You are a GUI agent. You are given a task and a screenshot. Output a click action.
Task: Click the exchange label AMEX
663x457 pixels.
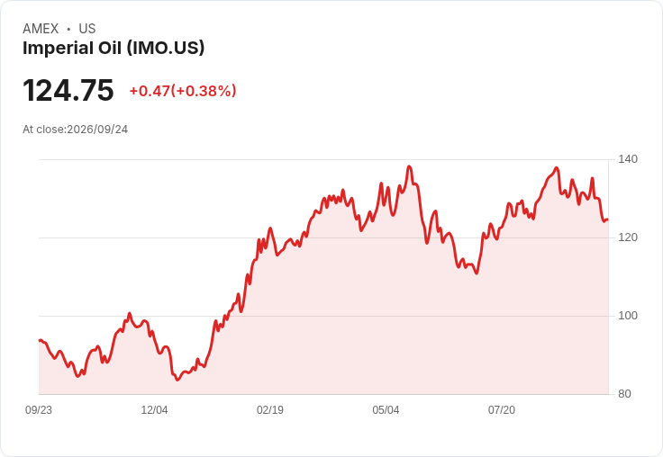[x=41, y=29]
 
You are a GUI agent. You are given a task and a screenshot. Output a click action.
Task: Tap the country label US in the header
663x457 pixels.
[x=87, y=29]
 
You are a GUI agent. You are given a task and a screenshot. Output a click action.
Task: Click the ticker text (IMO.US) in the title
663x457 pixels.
[x=166, y=49]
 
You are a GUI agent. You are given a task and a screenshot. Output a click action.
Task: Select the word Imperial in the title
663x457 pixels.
[x=59, y=49]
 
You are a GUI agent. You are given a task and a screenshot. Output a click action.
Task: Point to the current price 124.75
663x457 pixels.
[x=68, y=90]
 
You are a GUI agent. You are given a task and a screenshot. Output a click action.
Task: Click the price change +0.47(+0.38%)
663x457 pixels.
[x=183, y=91]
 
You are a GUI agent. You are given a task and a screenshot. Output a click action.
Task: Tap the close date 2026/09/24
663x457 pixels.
[x=97, y=130]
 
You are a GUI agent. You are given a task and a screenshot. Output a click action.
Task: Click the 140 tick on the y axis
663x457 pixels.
[x=628, y=159]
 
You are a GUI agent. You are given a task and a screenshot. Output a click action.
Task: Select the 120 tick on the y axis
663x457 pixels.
[x=628, y=237]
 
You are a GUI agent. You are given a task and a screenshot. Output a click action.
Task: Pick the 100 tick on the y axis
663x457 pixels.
[x=628, y=316]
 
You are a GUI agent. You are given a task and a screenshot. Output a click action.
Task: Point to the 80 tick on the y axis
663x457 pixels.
[x=624, y=394]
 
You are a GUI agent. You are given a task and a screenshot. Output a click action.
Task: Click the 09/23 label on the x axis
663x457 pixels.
[x=39, y=410]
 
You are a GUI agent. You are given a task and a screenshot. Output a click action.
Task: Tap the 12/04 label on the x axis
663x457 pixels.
[x=154, y=410]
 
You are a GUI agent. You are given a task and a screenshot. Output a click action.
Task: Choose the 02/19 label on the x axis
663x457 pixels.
[x=270, y=410]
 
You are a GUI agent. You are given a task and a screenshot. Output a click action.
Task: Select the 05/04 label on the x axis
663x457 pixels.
[x=386, y=410]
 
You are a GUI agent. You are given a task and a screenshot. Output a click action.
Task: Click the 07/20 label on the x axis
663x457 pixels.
[x=502, y=410]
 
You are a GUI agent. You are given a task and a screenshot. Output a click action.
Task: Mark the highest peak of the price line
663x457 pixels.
[x=409, y=166]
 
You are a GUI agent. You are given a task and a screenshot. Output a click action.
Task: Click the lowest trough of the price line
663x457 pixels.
[x=177, y=380]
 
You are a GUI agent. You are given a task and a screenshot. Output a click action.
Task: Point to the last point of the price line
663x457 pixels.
[x=608, y=220]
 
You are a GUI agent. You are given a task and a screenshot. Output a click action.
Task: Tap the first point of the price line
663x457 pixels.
[x=40, y=340]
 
